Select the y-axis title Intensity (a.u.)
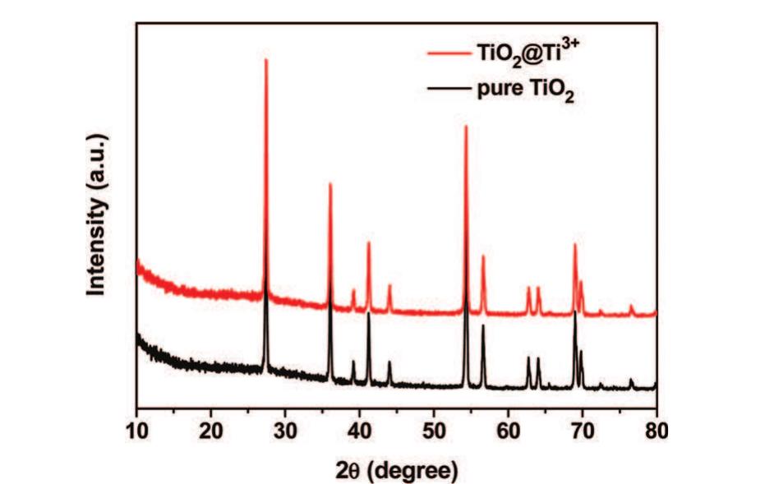point(98,212)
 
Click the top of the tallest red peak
point(265,59)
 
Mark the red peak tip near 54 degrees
point(466,126)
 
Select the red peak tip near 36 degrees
point(330,183)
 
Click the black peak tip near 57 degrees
point(483,325)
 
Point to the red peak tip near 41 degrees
point(368,242)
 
